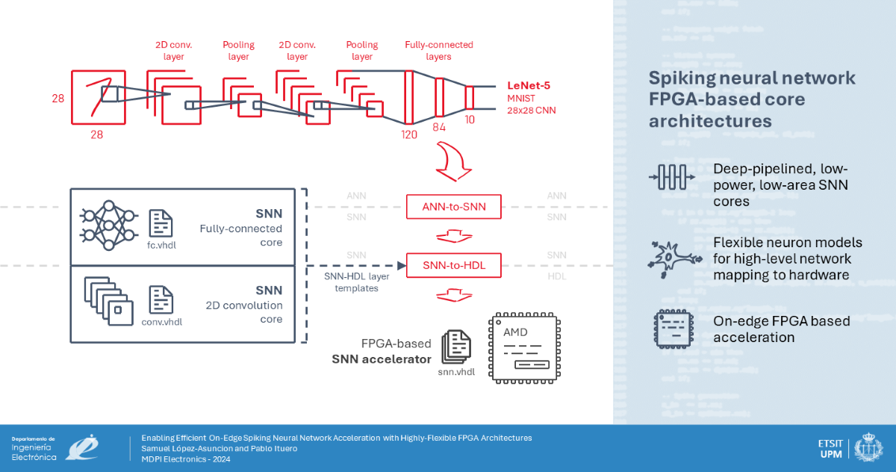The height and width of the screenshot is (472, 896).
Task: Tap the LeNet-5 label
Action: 529,86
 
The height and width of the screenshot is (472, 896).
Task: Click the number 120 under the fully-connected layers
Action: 408,134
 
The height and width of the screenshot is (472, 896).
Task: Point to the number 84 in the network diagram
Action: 439,127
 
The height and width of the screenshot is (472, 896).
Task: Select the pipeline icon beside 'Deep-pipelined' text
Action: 671,178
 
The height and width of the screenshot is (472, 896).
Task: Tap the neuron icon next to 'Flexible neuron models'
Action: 671,258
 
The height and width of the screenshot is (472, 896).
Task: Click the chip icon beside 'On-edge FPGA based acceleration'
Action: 671,329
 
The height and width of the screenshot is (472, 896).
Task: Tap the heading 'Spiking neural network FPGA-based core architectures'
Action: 752,99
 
